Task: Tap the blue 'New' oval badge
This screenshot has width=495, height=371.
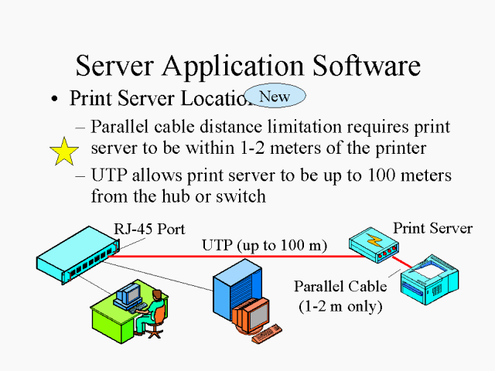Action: coord(275,96)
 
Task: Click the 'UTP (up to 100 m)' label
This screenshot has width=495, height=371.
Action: coord(265,246)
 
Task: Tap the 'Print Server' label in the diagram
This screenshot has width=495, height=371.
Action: coord(432,229)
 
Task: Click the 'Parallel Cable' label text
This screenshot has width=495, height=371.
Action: coord(340,287)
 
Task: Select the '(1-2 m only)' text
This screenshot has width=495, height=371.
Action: coord(341,306)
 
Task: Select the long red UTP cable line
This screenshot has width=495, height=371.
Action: coord(232,255)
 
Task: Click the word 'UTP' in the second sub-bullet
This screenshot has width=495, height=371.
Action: coord(110,175)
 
